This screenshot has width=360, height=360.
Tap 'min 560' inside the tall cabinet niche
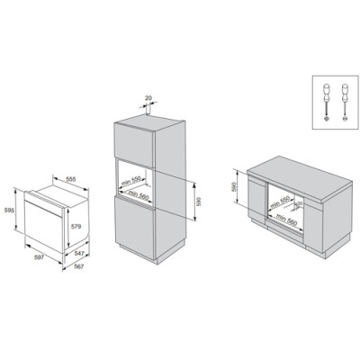click(x=139, y=193)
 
